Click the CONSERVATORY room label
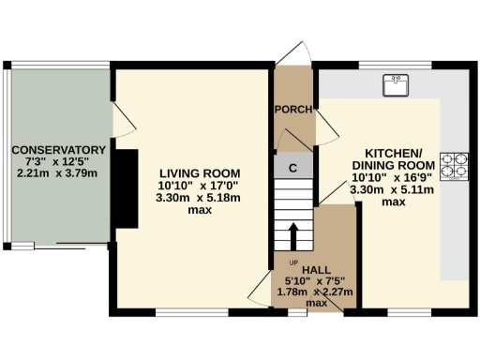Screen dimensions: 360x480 57,150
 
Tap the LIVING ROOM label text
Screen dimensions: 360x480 200,173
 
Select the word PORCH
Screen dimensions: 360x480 292,110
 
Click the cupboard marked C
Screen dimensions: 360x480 293,168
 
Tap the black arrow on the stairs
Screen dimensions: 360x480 293,235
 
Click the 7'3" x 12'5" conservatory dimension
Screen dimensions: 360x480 57,161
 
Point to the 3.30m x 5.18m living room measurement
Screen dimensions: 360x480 200,198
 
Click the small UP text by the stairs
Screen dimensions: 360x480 292,262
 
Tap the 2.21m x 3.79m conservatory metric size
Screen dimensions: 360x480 57,173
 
